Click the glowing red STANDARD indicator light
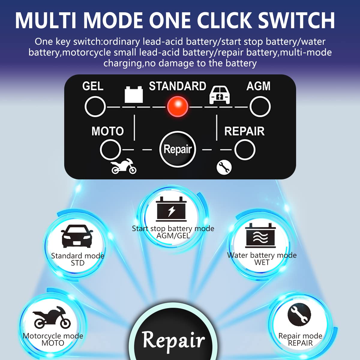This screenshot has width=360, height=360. (x=178, y=107)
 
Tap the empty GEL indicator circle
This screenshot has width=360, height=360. (x=95, y=107)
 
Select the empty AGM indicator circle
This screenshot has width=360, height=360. (x=260, y=107)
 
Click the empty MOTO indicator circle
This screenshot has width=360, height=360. (x=110, y=150)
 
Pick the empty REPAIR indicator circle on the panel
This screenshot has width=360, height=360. (x=245, y=150)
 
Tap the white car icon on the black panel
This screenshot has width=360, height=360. (x=219, y=95)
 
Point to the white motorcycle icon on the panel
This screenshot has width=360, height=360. (x=124, y=166)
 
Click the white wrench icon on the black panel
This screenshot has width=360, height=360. (x=224, y=168)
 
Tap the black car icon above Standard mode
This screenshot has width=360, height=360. (x=77, y=236)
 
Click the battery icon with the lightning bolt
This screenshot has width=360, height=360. (x=171, y=209)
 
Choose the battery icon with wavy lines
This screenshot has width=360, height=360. (x=260, y=235)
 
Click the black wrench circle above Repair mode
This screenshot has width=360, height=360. (x=299, y=314)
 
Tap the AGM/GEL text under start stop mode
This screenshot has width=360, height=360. (x=173, y=236)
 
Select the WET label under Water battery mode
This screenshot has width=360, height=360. (x=262, y=262)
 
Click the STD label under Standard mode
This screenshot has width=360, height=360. (x=78, y=263)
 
